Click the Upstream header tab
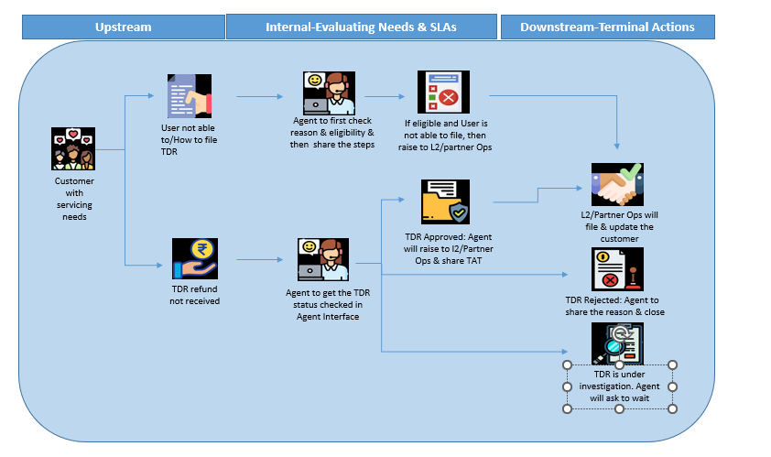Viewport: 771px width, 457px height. (123, 27)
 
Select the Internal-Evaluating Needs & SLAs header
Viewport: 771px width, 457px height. (362, 27)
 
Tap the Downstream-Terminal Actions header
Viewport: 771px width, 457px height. (607, 27)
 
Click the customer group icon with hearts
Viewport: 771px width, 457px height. (72, 149)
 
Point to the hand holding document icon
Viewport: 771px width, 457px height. (190, 96)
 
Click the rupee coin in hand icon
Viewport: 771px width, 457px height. (194, 260)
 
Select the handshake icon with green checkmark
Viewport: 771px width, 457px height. (617, 184)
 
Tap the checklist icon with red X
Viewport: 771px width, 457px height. (440, 92)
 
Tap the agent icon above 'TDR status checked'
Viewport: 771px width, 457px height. (322, 261)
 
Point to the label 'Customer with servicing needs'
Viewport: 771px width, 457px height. (74, 198)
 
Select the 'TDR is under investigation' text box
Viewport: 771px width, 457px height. (619, 386)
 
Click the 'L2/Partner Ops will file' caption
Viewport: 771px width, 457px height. (619, 226)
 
